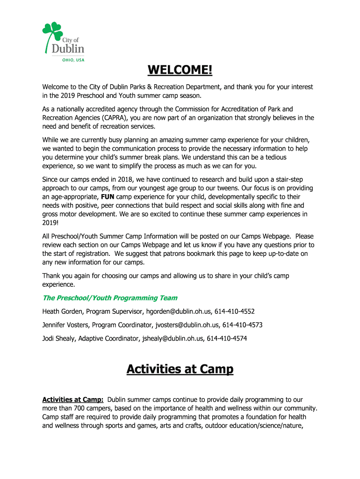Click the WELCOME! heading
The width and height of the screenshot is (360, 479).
[x=180, y=70]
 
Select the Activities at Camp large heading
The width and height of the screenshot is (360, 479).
[x=180, y=369]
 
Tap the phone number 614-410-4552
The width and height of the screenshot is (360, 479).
[x=235, y=311]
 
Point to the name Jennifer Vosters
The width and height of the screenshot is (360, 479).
[x=66, y=325]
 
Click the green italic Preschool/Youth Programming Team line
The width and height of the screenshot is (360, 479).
[x=110, y=298]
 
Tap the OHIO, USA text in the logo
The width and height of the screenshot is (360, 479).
[x=73, y=59]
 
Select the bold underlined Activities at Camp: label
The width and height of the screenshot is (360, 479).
[x=72, y=399]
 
